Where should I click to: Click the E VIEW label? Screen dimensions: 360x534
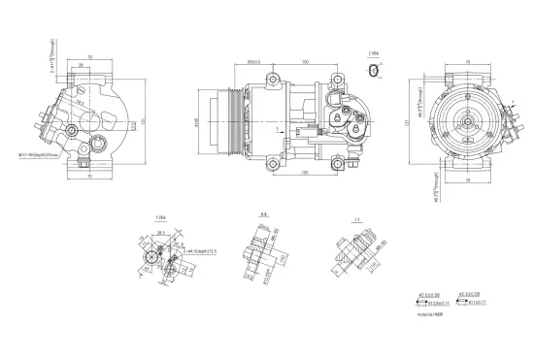tap(374, 54)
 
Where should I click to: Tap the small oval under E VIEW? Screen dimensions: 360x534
tap(375, 71)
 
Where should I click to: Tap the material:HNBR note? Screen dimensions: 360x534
tap(430, 313)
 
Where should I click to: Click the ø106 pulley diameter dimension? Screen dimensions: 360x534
tap(198, 121)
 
